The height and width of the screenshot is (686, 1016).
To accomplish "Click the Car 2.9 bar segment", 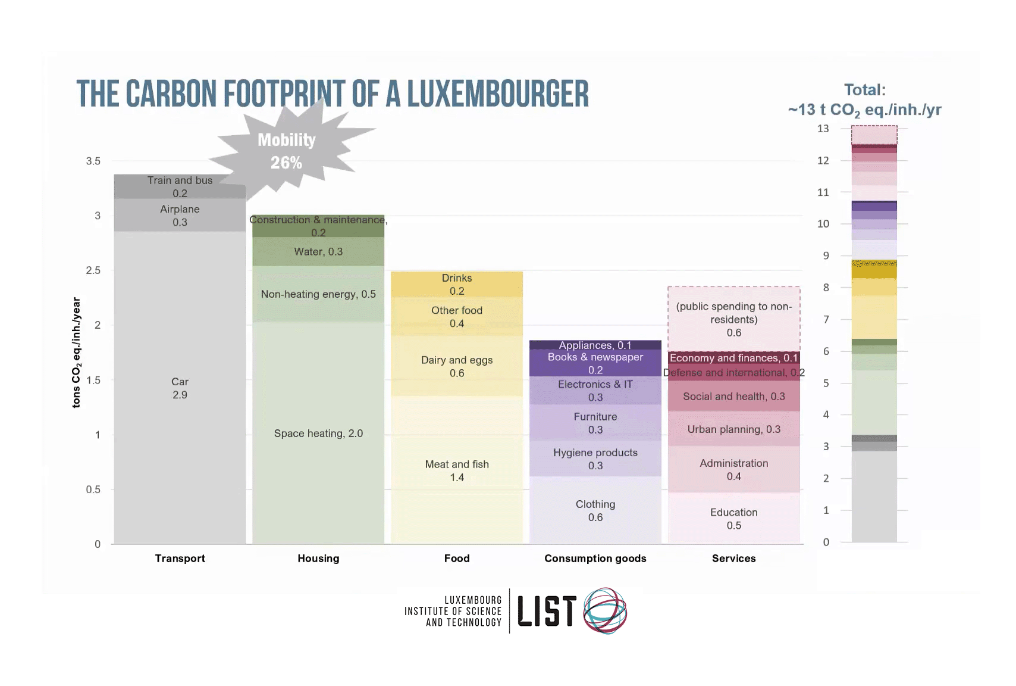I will coord(180,388).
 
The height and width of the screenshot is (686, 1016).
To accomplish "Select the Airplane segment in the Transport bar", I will coord(180,216).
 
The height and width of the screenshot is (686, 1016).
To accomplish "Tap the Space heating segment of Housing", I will coord(318,434).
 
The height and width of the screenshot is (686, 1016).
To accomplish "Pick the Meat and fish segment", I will coord(457,470).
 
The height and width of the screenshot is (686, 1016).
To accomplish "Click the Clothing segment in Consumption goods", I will coord(595,510).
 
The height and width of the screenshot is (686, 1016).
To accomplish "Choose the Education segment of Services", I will coord(733,519).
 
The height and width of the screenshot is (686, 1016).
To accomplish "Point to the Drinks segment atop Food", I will coord(457,284).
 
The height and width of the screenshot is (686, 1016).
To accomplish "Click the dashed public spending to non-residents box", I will coord(733,319).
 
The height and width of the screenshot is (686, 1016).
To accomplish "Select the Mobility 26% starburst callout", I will coord(287,151).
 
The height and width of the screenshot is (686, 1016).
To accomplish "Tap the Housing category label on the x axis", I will coord(318,559).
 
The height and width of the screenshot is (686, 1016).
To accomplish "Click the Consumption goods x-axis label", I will coord(595,559).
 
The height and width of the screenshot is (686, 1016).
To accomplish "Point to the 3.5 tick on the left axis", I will coord(93,161).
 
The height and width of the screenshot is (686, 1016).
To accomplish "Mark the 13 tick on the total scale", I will coord(823,129).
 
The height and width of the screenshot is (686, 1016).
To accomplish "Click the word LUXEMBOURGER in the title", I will coord(498,94).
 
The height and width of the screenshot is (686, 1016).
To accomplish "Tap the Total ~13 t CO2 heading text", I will coord(864,100).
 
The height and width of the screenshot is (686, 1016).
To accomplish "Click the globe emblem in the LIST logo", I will coord(605,610).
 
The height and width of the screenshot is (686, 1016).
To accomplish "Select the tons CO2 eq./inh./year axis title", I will coord(76,353).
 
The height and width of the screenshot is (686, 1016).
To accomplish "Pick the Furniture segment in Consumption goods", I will coord(595,423).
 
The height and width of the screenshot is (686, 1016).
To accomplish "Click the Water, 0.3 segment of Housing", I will coord(318,252).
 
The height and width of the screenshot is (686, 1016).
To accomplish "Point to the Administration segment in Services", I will coord(733,469).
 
